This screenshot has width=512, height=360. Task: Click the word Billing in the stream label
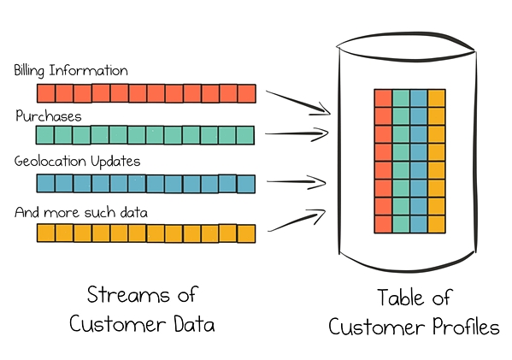point(29,71)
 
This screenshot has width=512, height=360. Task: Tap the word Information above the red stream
point(88,71)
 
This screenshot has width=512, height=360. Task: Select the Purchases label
point(49,116)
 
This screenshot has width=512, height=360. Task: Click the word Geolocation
point(50,161)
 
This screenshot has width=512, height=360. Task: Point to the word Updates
point(115,162)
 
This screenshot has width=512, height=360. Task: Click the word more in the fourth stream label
point(62,213)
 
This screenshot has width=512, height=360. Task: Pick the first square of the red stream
point(46,93)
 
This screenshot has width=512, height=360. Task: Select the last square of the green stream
point(245,135)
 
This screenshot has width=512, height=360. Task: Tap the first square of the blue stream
point(45,183)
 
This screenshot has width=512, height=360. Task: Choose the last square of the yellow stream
point(246,233)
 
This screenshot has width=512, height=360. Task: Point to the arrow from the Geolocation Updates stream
point(297,181)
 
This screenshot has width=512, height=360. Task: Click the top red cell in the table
point(383,98)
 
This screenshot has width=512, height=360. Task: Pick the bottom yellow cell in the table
point(437,224)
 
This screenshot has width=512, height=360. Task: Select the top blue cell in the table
point(419,98)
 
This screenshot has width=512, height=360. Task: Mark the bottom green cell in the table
point(401,224)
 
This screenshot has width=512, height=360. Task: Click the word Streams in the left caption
point(128,295)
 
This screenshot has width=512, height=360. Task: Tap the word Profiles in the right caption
point(466,327)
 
